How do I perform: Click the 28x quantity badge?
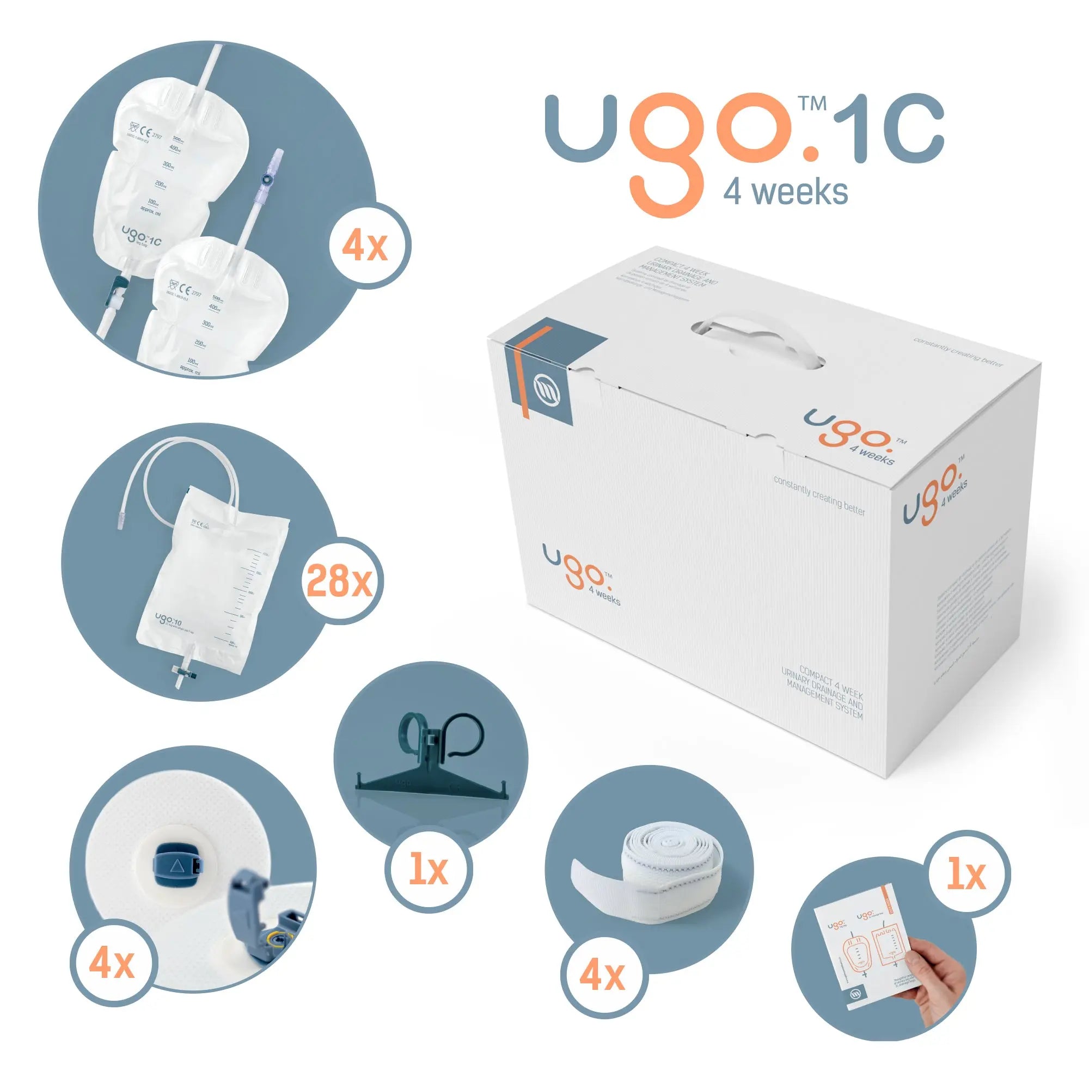point(339,580)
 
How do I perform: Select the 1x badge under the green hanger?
point(429,869)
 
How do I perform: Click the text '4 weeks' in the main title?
point(785,192)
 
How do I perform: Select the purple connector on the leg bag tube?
point(264,181)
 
